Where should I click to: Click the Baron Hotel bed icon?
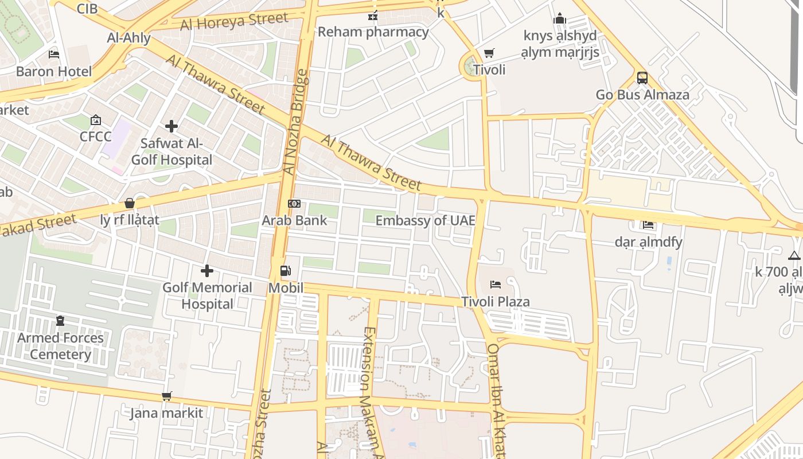[54, 55]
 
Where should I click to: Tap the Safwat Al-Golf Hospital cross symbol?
[171, 126]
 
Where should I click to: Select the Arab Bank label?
[294, 220]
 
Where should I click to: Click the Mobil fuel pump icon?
[285, 271]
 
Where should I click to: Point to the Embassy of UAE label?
[425, 220]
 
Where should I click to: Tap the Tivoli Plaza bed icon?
[496, 285]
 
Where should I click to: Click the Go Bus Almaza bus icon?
[642, 77]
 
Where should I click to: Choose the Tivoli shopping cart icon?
[489, 53]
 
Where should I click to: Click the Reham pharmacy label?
[373, 32]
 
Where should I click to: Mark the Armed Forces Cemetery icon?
[60, 321]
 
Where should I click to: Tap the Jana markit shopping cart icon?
[166, 396]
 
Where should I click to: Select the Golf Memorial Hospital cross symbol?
[207, 271]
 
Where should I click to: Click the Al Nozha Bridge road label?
[298, 122]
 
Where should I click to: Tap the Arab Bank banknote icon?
[294, 204]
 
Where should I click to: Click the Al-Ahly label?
[129, 38]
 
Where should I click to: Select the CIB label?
[87, 9]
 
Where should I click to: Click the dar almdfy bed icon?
[648, 225]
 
